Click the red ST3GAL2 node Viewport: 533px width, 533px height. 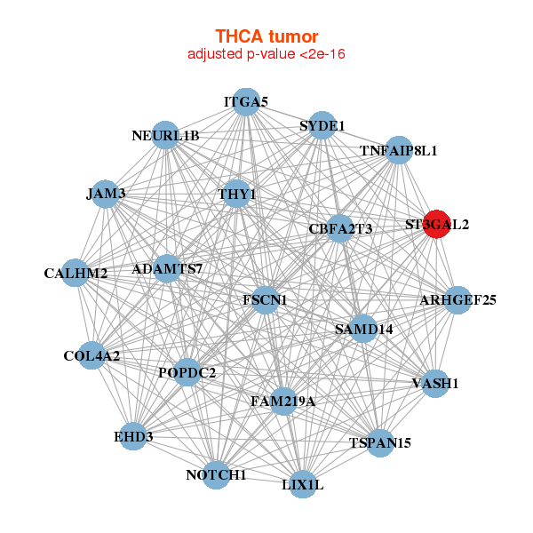point(437,224)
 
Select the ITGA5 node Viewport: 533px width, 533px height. point(246,102)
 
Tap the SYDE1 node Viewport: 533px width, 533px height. point(322,125)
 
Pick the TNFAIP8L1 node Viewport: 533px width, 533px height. point(399,150)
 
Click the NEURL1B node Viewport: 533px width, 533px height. point(165,135)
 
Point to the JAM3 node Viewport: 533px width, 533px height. point(106,193)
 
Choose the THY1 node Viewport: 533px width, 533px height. point(236,194)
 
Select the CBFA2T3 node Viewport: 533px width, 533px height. point(340,229)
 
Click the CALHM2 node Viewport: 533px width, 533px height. point(76,273)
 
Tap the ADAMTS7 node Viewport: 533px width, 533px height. point(167,268)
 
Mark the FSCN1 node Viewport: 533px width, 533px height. point(265,300)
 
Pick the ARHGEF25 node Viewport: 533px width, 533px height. point(457,299)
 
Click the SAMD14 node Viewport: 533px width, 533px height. point(363,329)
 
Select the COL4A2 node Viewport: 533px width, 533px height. point(91,356)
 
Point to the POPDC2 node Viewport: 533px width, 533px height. point(187,372)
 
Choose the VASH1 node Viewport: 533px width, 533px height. point(435,384)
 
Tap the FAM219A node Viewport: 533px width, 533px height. point(282,402)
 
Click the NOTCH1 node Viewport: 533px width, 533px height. point(216,475)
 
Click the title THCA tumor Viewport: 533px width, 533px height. point(266,36)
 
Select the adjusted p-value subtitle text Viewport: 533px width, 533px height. point(266,54)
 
